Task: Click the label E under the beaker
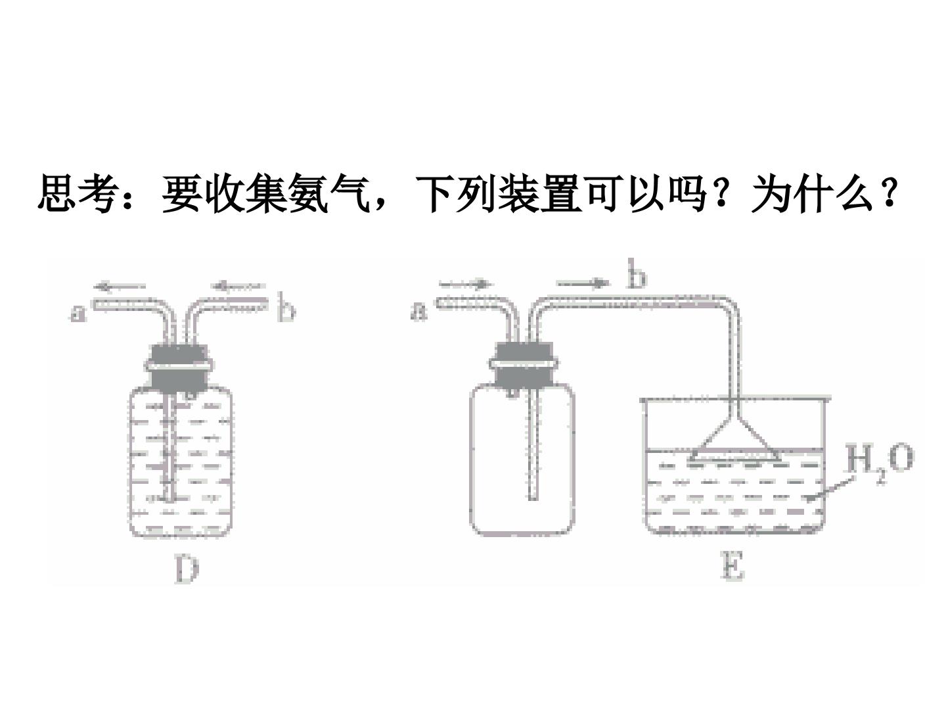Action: (x=732, y=567)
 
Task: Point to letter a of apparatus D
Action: (x=77, y=314)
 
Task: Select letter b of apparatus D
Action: (x=286, y=308)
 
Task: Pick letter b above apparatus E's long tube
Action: (x=637, y=273)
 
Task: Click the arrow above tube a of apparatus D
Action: (x=120, y=286)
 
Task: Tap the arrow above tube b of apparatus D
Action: (x=237, y=285)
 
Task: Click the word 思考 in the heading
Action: (x=77, y=193)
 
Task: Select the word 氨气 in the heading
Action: (x=328, y=193)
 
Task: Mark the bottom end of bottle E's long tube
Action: (x=533, y=499)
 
